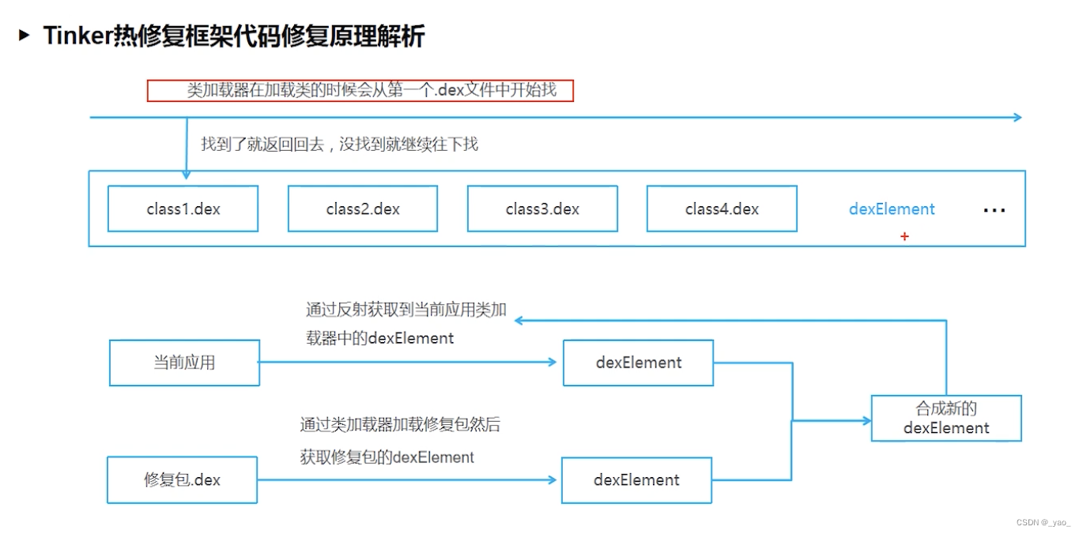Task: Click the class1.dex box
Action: click(x=183, y=209)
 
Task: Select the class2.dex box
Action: click(x=362, y=209)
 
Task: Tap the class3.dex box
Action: click(x=542, y=209)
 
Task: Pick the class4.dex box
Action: click(x=722, y=209)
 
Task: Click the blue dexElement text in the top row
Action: click(x=892, y=209)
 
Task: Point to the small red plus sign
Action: click(x=904, y=236)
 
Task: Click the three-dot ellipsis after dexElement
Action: click(x=994, y=211)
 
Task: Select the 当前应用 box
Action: click(x=184, y=363)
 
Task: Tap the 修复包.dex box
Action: click(x=183, y=479)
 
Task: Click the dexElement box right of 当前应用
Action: click(x=638, y=363)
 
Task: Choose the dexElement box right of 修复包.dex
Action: click(x=636, y=479)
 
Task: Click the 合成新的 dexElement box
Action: click(x=946, y=418)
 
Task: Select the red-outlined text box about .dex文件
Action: click(x=360, y=91)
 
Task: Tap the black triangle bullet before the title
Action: click(x=25, y=35)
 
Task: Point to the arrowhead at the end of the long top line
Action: click(x=1017, y=118)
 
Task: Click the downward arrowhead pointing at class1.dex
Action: click(x=187, y=175)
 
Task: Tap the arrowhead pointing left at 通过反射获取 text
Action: click(x=519, y=320)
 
